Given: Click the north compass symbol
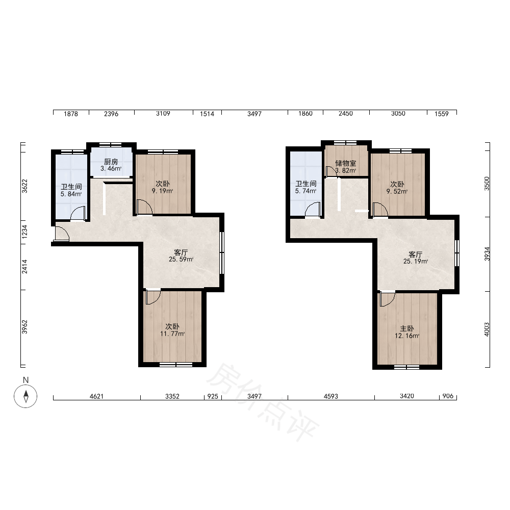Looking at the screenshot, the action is [x=25, y=396].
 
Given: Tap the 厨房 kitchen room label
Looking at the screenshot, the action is [x=111, y=162].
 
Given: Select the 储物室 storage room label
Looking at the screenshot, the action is [x=346, y=163].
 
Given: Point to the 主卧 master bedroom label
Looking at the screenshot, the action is [x=407, y=328].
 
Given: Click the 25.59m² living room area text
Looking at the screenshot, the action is [x=181, y=259].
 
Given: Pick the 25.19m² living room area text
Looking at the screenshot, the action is [x=416, y=261].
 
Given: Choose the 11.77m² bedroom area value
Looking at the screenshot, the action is [x=172, y=334].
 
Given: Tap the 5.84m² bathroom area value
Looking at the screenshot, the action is [x=71, y=194].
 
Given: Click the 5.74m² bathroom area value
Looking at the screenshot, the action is [x=305, y=191].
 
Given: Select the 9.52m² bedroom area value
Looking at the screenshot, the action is [x=397, y=192].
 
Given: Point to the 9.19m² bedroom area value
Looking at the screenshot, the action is [x=162, y=191].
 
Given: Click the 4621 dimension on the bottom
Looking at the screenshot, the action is [x=96, y=396].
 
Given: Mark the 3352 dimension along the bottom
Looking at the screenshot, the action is [x=172, y=396].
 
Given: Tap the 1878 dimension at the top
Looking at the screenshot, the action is [x=71, y=114].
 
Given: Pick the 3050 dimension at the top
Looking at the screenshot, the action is [x=398, y=114].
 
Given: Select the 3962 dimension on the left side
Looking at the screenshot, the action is [x=24, y=327].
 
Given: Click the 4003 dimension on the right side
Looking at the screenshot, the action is [x=487, y=329].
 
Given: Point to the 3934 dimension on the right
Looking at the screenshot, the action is [x=487, y=253].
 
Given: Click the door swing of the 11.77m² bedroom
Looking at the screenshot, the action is [x=153, y=297].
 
